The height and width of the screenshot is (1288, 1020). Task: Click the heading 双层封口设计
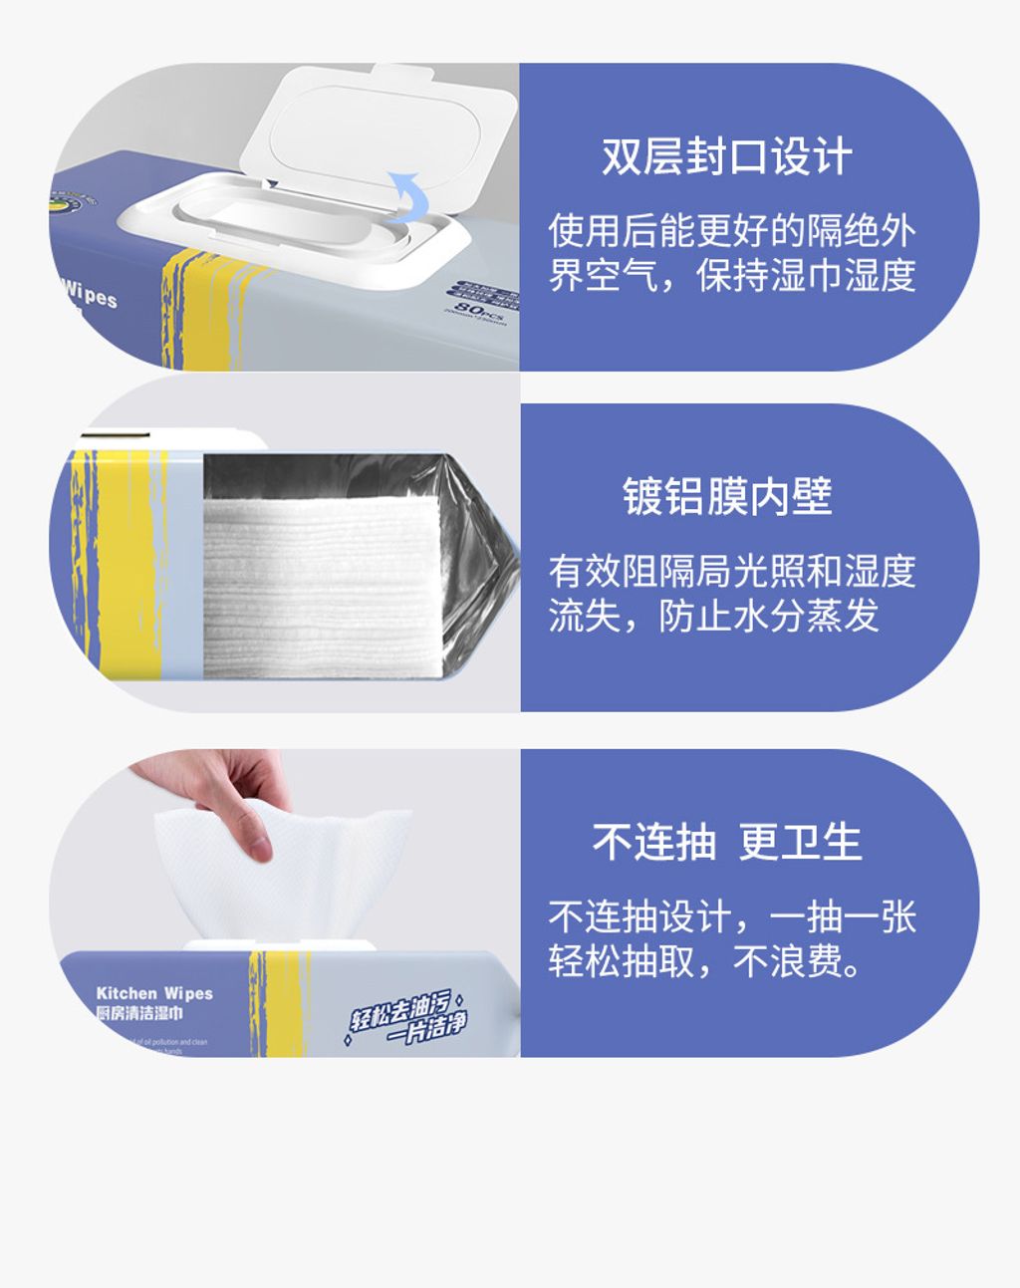726,157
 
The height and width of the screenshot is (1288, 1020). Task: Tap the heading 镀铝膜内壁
727,496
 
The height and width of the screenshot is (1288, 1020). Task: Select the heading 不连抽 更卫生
727,842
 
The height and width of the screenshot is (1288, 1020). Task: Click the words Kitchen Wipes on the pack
154,993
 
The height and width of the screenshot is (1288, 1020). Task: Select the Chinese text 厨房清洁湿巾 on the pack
139,1013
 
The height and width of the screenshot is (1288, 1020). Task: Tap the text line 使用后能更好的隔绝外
731,231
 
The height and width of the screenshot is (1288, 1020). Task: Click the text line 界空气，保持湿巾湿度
731,275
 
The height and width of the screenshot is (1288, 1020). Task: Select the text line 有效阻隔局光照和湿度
731,571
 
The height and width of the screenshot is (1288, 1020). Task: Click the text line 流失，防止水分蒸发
713,615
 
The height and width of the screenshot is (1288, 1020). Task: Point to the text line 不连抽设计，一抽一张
731,916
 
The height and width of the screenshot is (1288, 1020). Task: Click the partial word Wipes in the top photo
90,295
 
